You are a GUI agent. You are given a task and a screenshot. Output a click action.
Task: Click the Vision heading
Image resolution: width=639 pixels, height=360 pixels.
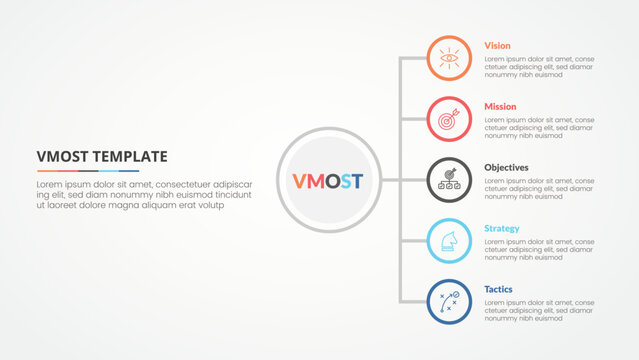click(498, 46)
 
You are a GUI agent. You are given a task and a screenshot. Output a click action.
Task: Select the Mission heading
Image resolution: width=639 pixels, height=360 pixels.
click(501, 106)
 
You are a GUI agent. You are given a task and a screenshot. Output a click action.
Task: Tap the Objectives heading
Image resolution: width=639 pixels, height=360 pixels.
click(507, 167)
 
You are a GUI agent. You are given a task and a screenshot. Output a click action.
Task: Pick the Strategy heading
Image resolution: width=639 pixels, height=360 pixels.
click(502, 228)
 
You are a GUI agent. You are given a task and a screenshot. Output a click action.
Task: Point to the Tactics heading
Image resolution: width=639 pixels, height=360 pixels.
click(499, 289)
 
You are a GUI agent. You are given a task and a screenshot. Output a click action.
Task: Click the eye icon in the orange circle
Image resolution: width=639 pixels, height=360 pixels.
click(450, 58)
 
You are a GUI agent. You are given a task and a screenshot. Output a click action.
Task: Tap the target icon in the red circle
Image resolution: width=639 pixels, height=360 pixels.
click(450, 119)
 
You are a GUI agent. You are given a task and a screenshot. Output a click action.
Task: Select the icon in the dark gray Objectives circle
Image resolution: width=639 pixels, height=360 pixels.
click(450, 180)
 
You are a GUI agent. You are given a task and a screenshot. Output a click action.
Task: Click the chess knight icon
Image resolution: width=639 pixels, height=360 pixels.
click(450, 241)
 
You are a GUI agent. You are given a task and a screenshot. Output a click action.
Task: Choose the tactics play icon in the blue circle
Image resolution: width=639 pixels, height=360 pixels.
click(450, 302)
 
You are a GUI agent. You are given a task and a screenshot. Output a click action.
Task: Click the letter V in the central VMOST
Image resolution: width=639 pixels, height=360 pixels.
click(298, 181)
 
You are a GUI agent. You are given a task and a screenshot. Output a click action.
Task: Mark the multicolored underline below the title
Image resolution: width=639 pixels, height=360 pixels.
click(87, 171)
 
